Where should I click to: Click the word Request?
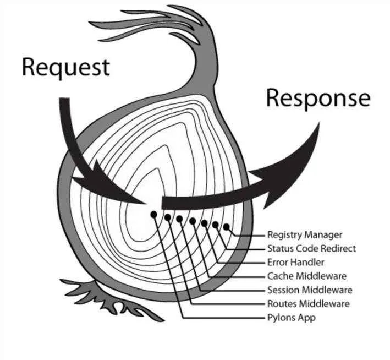coord(66,67)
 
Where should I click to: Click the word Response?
coord(318,99)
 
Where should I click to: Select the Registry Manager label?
coord(305,235)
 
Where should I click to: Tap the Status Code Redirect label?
coord(312,248)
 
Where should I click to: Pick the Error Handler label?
coord(296,262)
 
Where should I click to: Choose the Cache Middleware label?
coord(307,276)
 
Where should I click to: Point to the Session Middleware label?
coord(310,290)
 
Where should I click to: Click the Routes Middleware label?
coord(309,304)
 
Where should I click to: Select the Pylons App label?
coord(292,318)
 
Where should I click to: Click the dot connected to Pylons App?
coord(153,214)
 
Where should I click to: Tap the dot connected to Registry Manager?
coord(226,227)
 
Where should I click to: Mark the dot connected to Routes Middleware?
coord(168,217)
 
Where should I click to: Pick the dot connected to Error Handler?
coord(204,223)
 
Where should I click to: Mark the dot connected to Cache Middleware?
coord(193,221)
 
